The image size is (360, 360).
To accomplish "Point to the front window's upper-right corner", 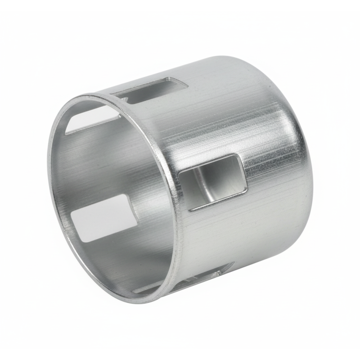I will [239, 156].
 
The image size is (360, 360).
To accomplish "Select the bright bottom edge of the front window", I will [218, 202].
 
